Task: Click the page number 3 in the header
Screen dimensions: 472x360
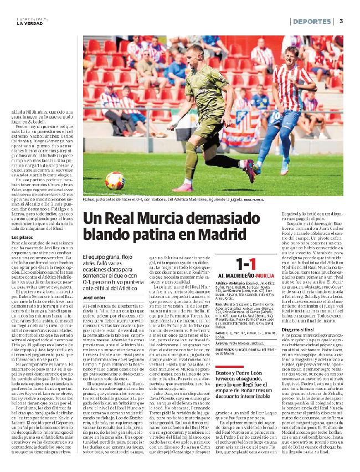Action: [341, 21]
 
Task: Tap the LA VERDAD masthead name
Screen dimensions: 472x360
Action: [30, 23]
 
